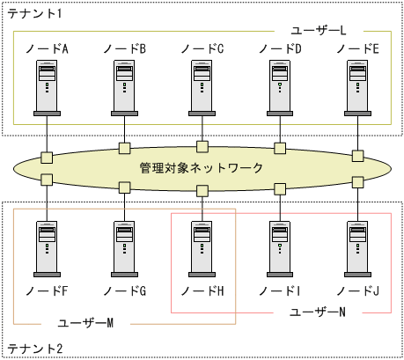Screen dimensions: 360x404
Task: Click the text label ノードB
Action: point(124,48)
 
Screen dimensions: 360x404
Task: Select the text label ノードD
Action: point(279,48)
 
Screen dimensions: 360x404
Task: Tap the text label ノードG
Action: point(124,289)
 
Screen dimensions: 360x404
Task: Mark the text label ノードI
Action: point(279,289)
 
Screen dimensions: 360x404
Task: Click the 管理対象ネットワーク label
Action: point(202,167)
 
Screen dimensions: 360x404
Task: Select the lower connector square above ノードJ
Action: point(357,183)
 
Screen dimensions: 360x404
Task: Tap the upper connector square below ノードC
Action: point(202,145)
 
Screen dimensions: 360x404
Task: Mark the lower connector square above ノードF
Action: point(48,180)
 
